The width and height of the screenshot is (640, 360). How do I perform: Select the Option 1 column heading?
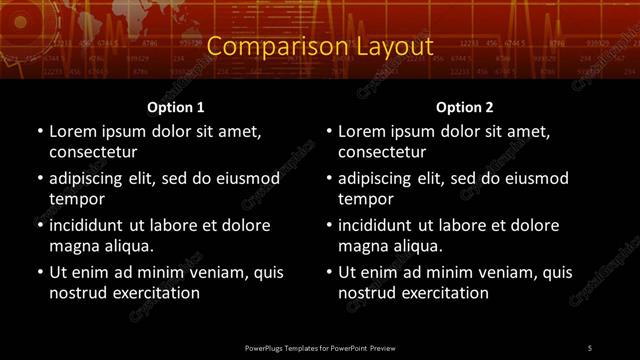[176, 107]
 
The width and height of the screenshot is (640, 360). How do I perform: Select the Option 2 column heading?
[465, 107]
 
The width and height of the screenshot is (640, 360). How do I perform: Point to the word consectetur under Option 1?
[93, 152]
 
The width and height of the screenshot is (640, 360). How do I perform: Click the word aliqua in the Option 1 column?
[125, 246]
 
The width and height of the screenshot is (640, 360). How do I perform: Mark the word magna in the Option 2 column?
[362, 246]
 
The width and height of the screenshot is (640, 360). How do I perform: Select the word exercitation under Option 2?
[442, 293]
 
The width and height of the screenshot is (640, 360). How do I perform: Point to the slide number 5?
[590, 347]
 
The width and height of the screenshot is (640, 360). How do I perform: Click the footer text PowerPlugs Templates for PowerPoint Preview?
[320, 347]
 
